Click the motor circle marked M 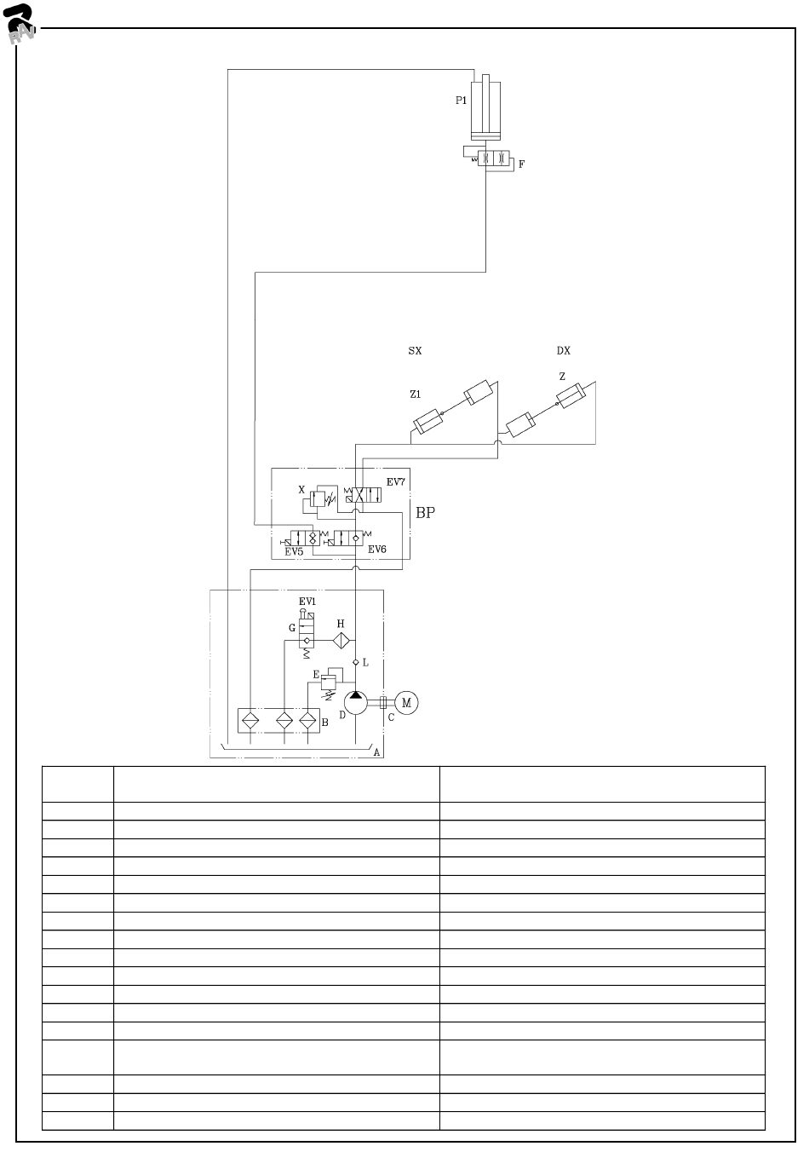pos(406,702)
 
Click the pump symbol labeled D pos(355,702)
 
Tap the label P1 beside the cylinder pos(461,101)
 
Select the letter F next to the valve pos(522,164)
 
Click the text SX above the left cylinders pos(415,350)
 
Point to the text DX pos(563,350)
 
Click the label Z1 pos(416,395)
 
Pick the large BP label pos(425,514)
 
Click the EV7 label pos(396,482)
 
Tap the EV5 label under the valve pos(294,552)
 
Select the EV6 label pos(377,550)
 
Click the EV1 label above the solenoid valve pos(307,601)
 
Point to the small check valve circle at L pos(356,661)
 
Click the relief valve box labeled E pos(329,680)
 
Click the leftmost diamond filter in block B pos(250,720)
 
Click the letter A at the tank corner pos(376,753)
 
